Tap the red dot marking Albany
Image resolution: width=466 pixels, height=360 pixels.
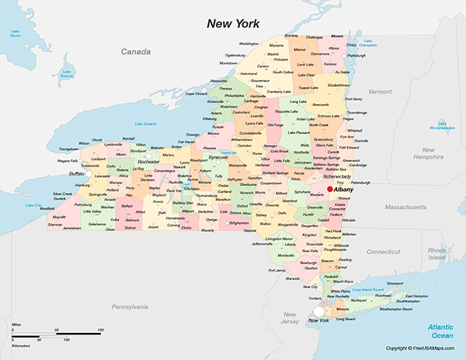[x=329, y=189]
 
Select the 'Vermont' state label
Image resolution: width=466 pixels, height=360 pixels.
[x=380, y=92]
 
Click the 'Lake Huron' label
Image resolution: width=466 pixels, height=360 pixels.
[x=15, y=32]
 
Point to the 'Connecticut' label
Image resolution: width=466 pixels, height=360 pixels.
[x=383, y=251]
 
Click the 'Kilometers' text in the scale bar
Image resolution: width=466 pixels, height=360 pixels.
[x=23, y=341]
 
